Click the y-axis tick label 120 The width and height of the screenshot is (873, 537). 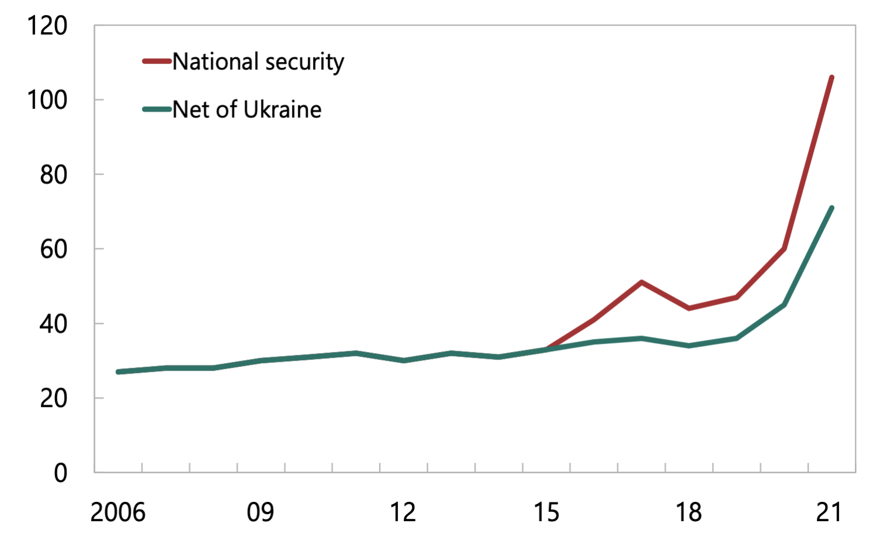click(47, 26)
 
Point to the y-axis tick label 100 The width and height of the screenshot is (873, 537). click(47, 100)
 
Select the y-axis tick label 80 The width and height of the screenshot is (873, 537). click(54, 175)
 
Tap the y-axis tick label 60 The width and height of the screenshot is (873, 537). click(54, 249)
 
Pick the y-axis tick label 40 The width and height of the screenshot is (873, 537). click(54, 324)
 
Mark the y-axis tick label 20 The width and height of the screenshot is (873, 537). click(54, 398)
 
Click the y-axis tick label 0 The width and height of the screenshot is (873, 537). click(60, 473)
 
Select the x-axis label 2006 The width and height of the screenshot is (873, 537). click(118, 512)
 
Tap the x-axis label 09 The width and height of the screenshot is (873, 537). click(260, 512)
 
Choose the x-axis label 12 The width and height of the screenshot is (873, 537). click(403, 512)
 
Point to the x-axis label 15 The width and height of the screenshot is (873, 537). click(546, 512)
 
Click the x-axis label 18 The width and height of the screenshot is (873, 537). click(689, 512)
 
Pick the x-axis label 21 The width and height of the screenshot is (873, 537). click(829, 512)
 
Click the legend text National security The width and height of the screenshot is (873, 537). click(258, 61)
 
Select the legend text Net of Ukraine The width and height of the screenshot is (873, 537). click(247, 110)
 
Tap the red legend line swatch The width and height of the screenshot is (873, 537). click(157, 61)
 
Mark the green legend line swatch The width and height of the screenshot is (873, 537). click(157, 109)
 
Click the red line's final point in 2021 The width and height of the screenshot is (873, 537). click(831, 77)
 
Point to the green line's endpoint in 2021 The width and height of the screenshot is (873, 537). click(831, 208)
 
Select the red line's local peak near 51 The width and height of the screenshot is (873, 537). click(641, 282)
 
